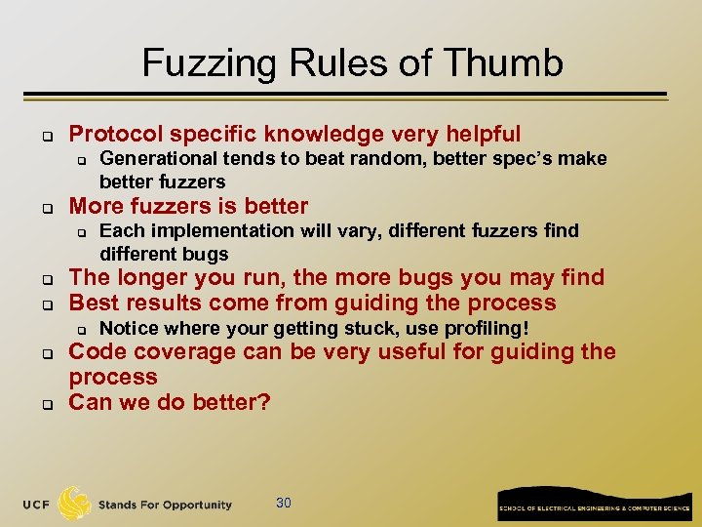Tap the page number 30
tap(284, 504)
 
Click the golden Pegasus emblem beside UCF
tap(75, 504)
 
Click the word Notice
tap(126, 328)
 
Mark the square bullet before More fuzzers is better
tap(45, 208)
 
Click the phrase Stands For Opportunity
tap(165, 505)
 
